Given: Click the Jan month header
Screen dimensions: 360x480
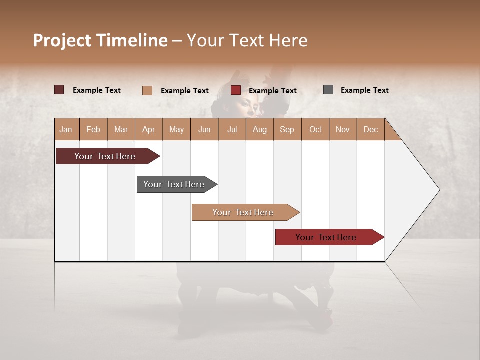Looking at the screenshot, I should point(66,129).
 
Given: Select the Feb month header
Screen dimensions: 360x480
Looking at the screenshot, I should point(93,129).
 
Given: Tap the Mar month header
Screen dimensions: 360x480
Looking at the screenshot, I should point(121,129).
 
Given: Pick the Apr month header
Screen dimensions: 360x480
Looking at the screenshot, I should point(149,129).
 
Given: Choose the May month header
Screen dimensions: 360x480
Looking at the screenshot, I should point(176,129).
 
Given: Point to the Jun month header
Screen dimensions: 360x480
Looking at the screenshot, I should point(204,129).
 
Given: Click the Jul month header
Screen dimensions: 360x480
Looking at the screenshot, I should point(232,129).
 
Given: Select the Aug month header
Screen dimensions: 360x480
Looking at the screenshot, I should point(260,129).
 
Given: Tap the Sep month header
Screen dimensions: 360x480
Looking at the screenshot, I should point(287,129).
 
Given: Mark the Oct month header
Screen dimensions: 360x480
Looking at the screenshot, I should point(315,129).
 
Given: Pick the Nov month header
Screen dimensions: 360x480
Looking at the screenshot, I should point(343,129).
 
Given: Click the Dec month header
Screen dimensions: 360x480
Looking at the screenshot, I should point(371,129).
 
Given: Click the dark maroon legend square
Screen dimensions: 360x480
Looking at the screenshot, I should point(59,90).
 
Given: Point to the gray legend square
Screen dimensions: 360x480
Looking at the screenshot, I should point(328,90).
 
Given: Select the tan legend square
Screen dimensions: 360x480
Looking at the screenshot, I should point(147,90).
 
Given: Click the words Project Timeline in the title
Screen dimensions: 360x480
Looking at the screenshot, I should point(100,40).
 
